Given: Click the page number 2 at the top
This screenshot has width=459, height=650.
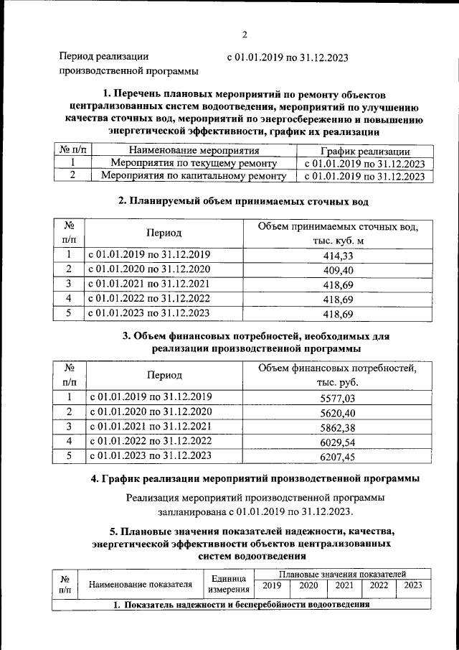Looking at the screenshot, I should point(244,34).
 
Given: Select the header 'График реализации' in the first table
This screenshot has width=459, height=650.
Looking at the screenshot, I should point(365,151).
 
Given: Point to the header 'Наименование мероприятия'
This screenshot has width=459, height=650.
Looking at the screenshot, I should point(193,151).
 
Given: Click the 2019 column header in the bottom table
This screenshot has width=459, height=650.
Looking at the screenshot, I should point(271,586).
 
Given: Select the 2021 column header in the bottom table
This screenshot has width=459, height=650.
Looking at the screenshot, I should point(346,586).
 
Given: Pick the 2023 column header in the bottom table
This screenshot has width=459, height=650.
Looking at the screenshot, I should point(412,586).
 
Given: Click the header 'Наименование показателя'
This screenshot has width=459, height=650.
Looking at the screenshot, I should point(140,585).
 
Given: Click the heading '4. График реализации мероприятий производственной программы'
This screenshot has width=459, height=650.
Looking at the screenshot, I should point(250,478).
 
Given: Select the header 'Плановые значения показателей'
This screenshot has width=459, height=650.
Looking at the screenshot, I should point(343,575).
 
